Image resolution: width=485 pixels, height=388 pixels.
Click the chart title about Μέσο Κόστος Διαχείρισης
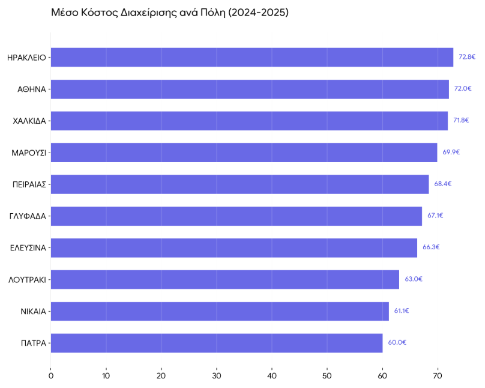coord(170,12)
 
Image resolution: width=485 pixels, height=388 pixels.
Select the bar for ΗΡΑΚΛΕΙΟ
coord(252,58)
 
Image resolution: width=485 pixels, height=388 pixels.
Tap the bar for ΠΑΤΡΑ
coord(216,343)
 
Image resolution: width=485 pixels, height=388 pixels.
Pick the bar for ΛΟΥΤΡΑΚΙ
coord(224,279)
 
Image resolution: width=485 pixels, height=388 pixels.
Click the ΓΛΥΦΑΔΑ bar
coord(236,216)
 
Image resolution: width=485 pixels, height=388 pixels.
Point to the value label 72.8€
coord(467,57)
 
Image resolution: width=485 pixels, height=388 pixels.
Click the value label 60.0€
coord(397,342)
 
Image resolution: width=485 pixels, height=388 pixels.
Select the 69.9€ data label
coord(451,152)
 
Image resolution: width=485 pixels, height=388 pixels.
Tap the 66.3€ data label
coord(431,247)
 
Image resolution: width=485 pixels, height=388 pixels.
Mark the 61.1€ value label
coord(402,311)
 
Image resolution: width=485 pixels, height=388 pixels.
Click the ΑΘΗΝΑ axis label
coord(32,89)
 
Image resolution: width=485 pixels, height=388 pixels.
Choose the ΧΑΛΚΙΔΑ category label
coord(29,121)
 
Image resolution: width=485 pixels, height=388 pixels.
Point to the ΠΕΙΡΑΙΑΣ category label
coord(29,184)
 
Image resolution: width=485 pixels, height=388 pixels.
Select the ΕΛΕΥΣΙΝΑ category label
coord(28,247)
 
